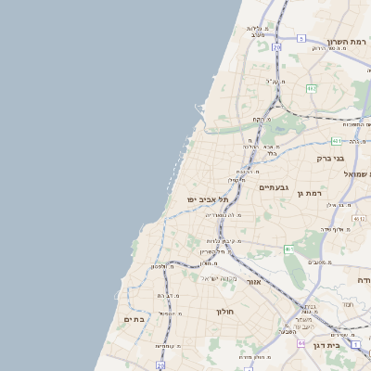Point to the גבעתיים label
click(x=275, y=188)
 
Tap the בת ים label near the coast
click(x=135, y=319)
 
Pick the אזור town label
click(x=251, y=280)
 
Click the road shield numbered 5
click(x=301, y=38)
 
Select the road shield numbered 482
click(x=312, y=89)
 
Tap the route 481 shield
click(x=336, y=141)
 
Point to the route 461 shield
click(x=289, y=249)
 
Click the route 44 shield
click(x=301, y=343)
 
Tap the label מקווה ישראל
click(x=220, y=278)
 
